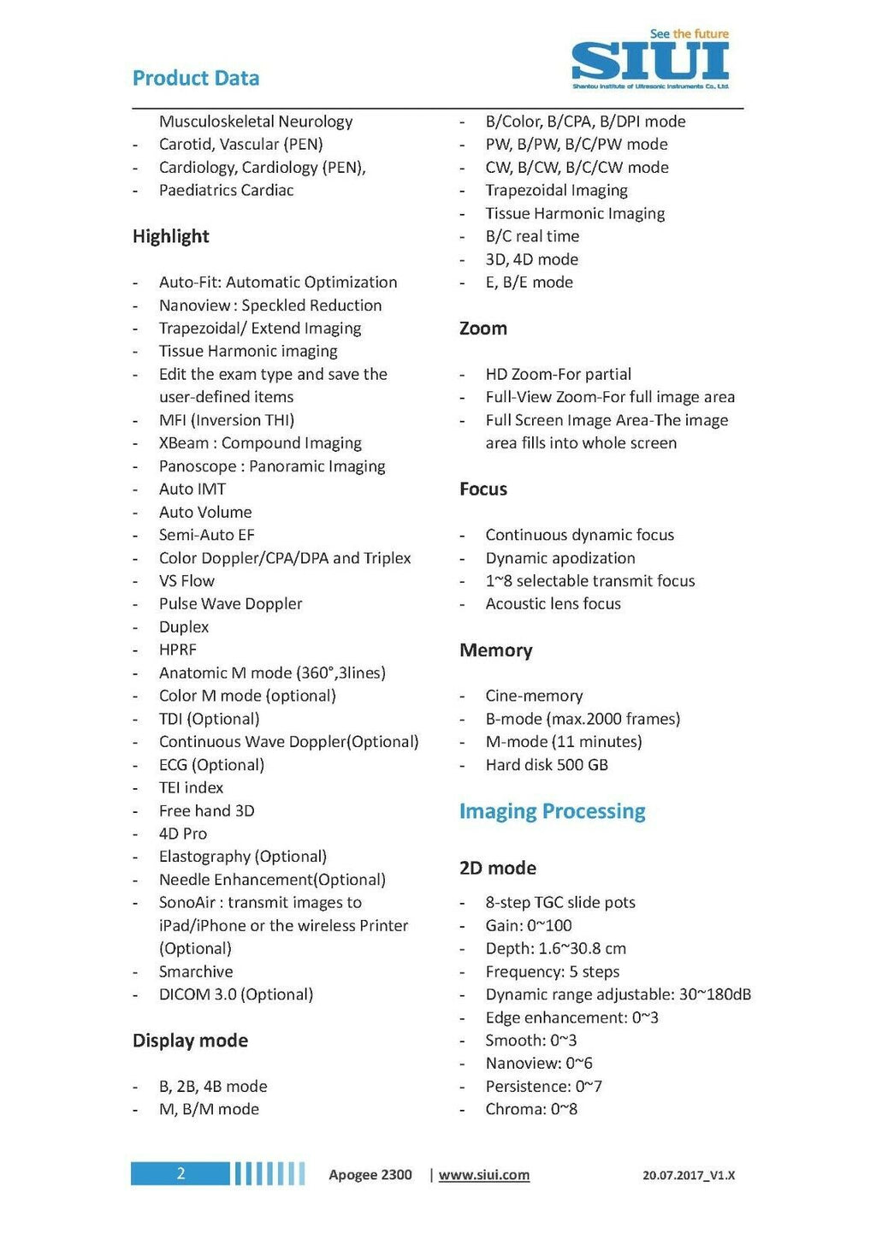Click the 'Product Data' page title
[x=196, y=78]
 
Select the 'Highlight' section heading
[x=171, y=236]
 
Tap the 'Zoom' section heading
[x=483, y=329]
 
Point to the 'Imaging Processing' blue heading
[x=553, y=811]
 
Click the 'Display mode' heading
[x=190, y=1041]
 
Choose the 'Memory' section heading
[x=496, y=650]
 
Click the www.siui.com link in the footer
[x=484, y=1175]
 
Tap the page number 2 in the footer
[x=181, y=1173]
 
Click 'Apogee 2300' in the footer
[x=370, y=1175]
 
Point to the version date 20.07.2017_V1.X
[x=689, y=1176]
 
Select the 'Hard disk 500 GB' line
[x=547, y=765]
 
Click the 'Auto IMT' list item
[x=192, y=489]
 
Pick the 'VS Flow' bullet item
[x=186, y=581]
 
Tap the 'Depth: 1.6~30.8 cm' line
[x=556, y=949]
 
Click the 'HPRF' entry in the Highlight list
[x=178, y=650]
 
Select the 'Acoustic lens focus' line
[x=553, y=604]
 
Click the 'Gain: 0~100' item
[x=529, y=926]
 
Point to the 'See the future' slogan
[x=690, y=34]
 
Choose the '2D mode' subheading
[x=498, y=868]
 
